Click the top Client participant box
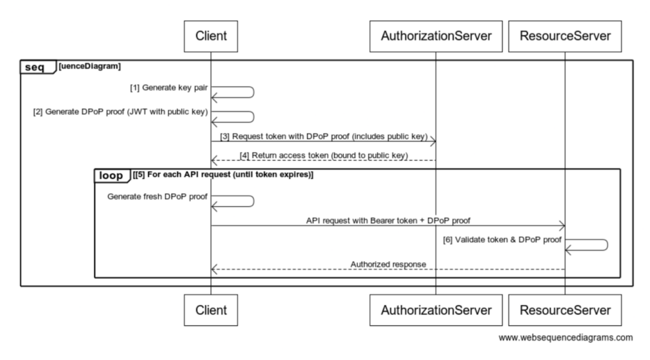coord(211,36)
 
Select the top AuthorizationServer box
coord(436,36)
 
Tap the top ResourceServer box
coord(565,36)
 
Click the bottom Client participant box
coord(211,311)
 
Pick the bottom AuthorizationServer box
coord(436,311)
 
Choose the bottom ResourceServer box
coord(565,311)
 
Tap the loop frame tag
coord(112,175)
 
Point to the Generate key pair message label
coord(168,88)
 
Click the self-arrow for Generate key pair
coord(254,93)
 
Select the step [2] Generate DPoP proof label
coord(120,111)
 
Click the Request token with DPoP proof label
coord(324,136)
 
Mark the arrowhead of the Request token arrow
coord(435,141)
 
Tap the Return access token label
coord(324,155)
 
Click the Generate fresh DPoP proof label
coord(157,196)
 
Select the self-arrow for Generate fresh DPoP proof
coord(254,201)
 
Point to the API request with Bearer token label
coord(388,221)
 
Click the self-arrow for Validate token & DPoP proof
coord(608,245)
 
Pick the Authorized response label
coord(388,264)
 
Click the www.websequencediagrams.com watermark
coord(565,338)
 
